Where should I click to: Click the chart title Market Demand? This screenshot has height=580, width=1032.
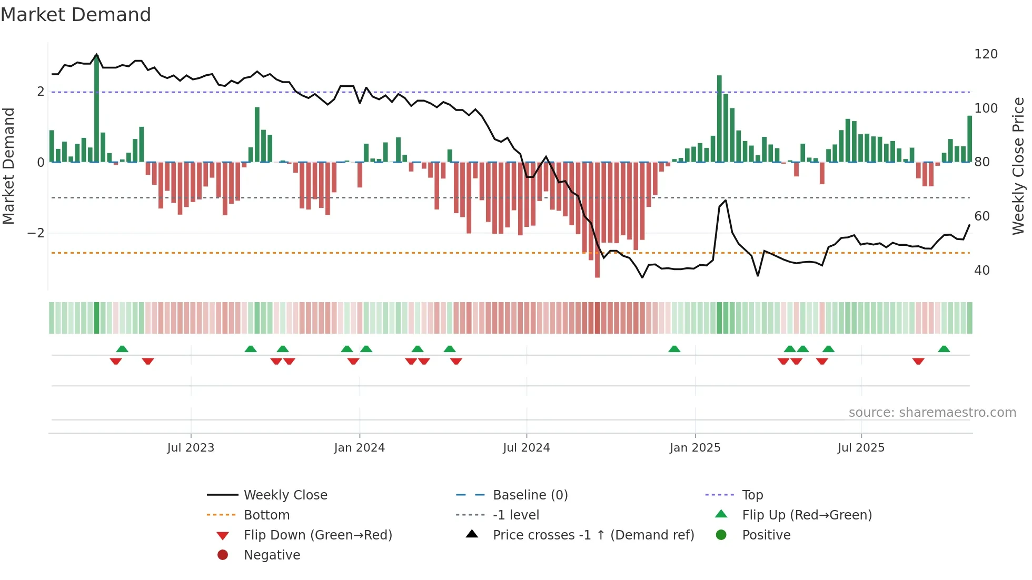point(76,15)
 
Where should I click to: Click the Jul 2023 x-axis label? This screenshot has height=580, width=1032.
point(191,448)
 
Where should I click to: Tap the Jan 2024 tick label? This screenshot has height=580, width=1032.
point(359,448)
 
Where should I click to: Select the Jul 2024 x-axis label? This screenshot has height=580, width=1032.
point(526,448)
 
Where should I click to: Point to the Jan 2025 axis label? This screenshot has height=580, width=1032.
point(694,448)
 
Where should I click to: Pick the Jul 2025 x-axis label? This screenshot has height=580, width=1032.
point(861,448)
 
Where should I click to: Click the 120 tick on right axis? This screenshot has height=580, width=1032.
point(986,54)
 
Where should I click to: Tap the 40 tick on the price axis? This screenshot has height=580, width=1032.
point(982,271)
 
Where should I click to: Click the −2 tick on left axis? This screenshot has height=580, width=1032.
point(36,233)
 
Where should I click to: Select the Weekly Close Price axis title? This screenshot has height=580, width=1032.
point(1018,166)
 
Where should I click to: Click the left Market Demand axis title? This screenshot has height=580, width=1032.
point(8,166)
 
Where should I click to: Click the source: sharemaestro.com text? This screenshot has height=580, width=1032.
point(932,413)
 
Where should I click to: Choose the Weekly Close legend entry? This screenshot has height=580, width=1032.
point(285,495)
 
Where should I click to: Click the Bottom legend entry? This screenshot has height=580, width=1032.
point(266,515)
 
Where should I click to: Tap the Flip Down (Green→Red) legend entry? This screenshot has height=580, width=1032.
point(317,535)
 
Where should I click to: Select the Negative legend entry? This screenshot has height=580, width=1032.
point(272,555)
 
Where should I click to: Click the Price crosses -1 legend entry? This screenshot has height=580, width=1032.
point(593,535)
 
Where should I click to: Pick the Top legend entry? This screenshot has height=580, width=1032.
point(752,495)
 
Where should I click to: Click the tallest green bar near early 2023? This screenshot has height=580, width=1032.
point(96,108)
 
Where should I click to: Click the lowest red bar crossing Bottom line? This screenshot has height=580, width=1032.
point(597,221)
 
